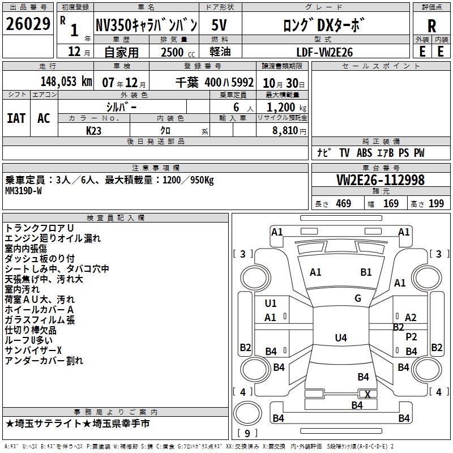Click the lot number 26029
coord(28,25)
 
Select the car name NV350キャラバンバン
coord(146,25)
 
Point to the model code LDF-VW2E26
coord(325,52)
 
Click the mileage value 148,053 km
coord(66,82)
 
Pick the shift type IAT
coord(16,118)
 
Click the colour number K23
coord(94,130)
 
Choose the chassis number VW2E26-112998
coord(381,180)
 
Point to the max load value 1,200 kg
coord(287,107)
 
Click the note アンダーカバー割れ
coord(44,360)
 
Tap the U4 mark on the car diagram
coord(340,338)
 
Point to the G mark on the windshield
coord(358,298)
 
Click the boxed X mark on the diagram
coord(367,394)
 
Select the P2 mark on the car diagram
coord(412,336)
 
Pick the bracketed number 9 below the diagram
coord(247,433)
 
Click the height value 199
coord(436,204)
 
